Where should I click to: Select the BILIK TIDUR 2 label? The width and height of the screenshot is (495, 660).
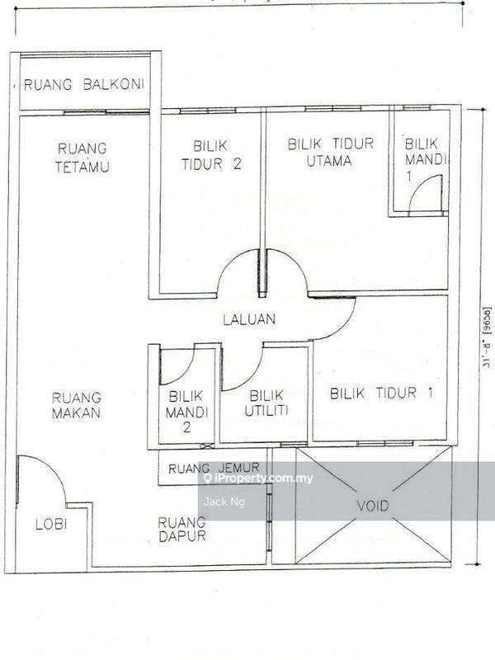pyautogui.click(x=211, y=153)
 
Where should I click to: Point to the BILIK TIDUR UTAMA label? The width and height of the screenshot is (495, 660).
pyautogui.click(x=330, y=152)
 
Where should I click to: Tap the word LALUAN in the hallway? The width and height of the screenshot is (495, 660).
pyautogui.click(x=249, y=318)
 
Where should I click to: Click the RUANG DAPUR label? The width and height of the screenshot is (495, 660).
pyautogui.click(x=181, y=529)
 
